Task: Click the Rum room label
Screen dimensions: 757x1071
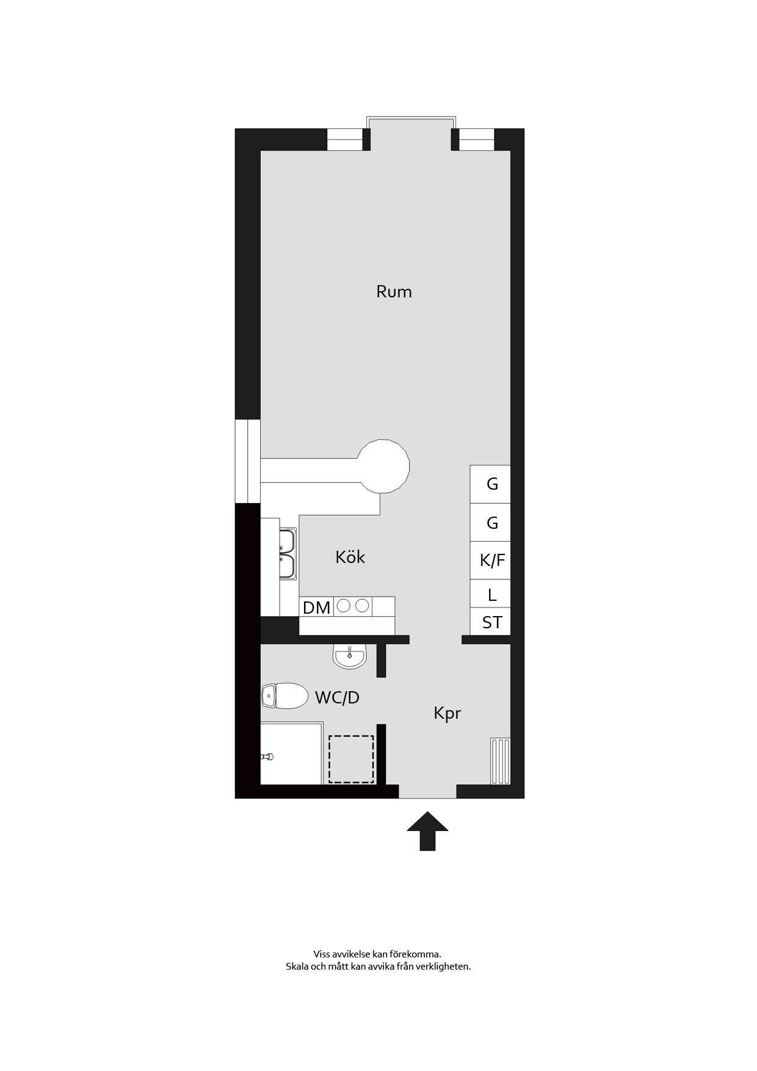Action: (394, 292)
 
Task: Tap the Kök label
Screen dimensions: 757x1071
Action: (350, 557)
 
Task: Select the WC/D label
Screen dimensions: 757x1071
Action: (337, 697)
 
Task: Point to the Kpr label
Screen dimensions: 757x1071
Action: (447, 713)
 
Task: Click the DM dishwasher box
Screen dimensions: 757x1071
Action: (316, 607)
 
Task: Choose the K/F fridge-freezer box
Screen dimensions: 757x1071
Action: (490, 560)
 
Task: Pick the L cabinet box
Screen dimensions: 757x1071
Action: (490, 594)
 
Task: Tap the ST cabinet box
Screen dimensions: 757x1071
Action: (490, 622)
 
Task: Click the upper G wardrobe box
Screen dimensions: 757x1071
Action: (490, 484)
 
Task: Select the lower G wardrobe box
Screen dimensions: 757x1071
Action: (490, 523)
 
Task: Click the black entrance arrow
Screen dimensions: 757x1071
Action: (427, 830)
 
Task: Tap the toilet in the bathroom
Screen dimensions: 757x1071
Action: (285, 695)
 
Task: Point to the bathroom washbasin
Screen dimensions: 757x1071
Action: (349, 656)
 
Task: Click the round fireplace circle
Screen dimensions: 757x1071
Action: (383, 466)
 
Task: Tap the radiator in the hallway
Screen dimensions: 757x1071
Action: (500, 761)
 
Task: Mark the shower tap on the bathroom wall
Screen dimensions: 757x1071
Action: (267, 757)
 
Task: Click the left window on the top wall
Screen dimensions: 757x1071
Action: (345, 139)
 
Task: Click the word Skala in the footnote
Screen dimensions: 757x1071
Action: (297, 967)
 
